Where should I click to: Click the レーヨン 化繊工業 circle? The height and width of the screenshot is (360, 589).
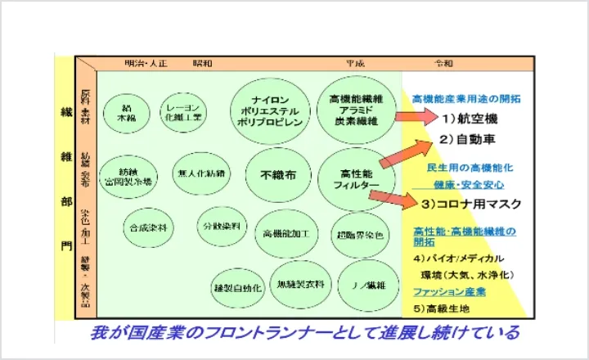pyautogui.click(x=183, y=112)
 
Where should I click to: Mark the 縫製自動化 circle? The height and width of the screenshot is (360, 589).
pyautogui.click(x=237, y=288)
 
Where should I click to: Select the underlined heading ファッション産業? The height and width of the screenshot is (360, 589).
pyautogui.click(x=449, y=290)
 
